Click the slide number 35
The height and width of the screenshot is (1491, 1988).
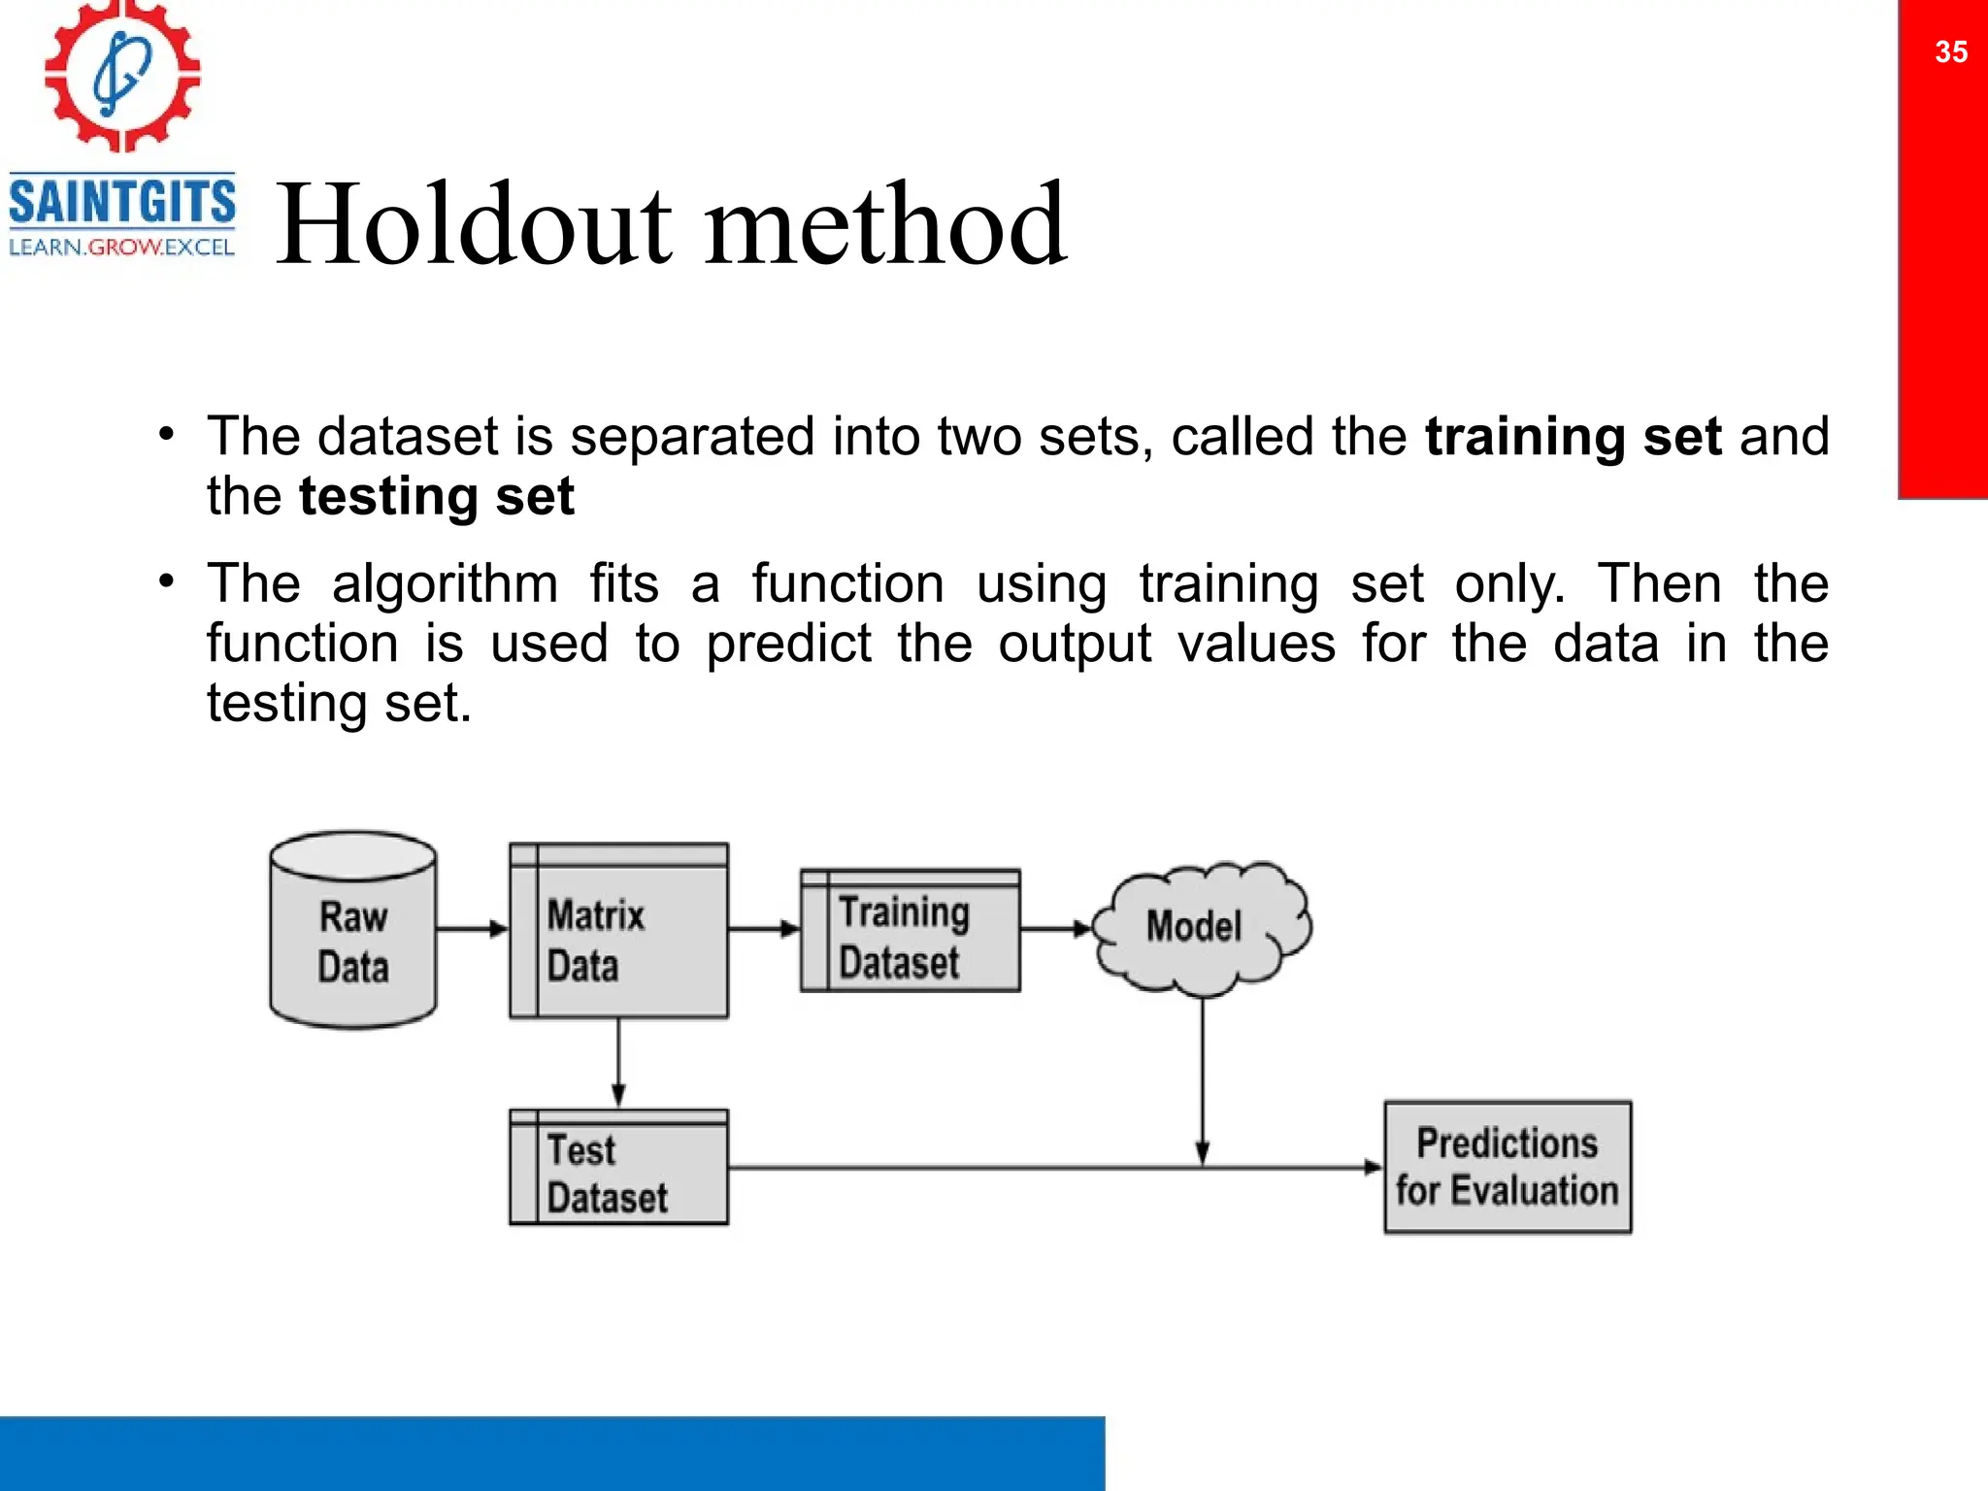pos(1950,51)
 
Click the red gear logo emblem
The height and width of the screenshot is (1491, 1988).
pos(122,76)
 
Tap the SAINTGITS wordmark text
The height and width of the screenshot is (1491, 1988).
pos(122,201)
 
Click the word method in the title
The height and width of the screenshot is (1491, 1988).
pos(885,225)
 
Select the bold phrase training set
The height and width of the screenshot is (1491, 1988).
pos(1573,437)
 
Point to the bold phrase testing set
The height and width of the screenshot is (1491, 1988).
pos(437,497)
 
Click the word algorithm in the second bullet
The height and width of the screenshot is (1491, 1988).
pos(445,585)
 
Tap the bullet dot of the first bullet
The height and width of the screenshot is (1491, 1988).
pos(167,434)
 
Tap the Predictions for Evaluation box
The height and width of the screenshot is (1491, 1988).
pos(1507,1167)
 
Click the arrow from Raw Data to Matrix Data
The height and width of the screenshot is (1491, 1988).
pos(472,929)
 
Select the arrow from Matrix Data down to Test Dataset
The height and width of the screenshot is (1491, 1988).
pos(618,1063)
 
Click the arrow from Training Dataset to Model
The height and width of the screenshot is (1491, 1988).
pos(1056,929)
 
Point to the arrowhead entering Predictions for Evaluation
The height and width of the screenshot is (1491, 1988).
pos(1373,1167)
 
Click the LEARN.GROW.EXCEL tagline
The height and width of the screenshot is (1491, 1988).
pos(122,248)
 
